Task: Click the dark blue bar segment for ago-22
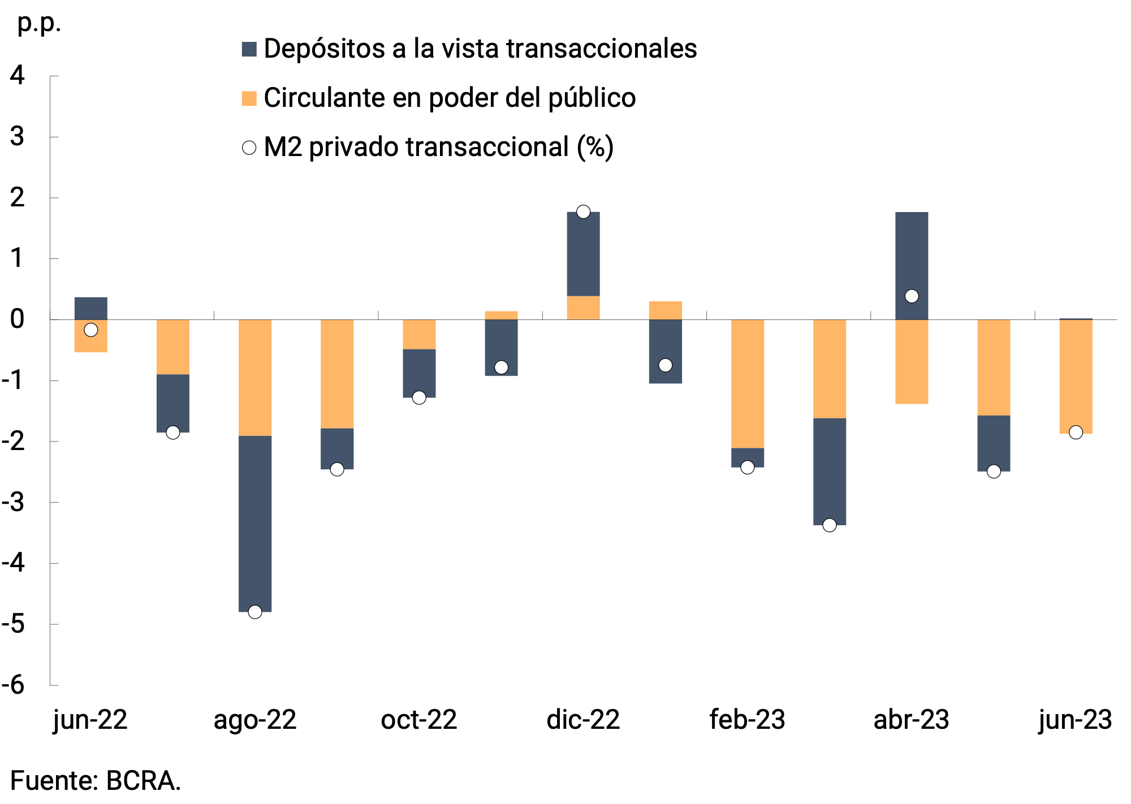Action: pos(255,523)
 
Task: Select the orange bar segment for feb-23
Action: pos(748,383)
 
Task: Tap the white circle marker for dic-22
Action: pos(583,212)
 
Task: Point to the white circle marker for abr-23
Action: pos(912,296)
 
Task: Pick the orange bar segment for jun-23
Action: pos(1076,376)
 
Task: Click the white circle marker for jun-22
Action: pos(91,330)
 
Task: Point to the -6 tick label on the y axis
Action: pos(14,685)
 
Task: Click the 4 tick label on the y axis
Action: pos(18,75)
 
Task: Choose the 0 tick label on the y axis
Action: pos(18,319)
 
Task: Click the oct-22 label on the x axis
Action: pos(419,720)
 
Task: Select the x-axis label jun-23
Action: pos(1075,720)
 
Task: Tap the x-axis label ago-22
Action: pos(255,720)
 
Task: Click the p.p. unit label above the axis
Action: pos(39,23)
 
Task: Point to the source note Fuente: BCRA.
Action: pos(96,781)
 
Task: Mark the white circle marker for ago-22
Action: pos(255,612)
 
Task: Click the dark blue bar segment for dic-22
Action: pos(583,254)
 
